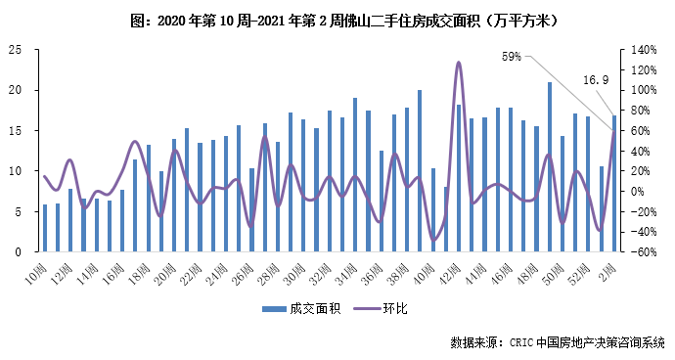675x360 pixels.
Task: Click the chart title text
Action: [x=337, y=20]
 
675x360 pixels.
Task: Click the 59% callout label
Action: [x=511, y=57]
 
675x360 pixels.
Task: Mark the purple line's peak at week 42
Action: [x=459, y=63]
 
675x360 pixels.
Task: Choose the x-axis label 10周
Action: [x=40, y=269]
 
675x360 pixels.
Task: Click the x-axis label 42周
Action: [x=454, y=269]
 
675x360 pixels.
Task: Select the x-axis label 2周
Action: [x=611, y=267]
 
